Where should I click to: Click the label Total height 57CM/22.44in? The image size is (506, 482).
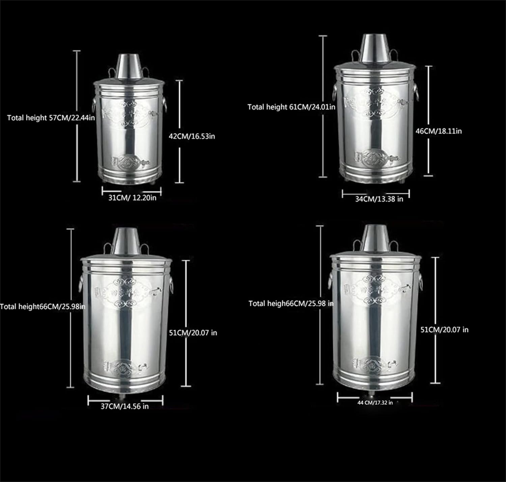tap(51, 118)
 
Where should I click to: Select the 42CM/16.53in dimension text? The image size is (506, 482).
tap(192, 136)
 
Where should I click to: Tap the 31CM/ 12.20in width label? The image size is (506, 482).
tap(132, 198)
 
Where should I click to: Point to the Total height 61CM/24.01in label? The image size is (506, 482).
tap(291, 107)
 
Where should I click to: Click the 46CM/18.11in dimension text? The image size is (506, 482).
tap(439, 131)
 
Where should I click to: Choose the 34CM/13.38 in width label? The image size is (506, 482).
tap(379, 199)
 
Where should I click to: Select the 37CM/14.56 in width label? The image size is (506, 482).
tap(124, 406)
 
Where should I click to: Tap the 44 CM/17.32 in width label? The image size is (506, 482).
tap(375, 402)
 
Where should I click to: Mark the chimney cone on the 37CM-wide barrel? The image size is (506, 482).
tap(124, 242)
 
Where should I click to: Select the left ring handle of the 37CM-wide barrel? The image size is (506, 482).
tap(81, 282)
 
